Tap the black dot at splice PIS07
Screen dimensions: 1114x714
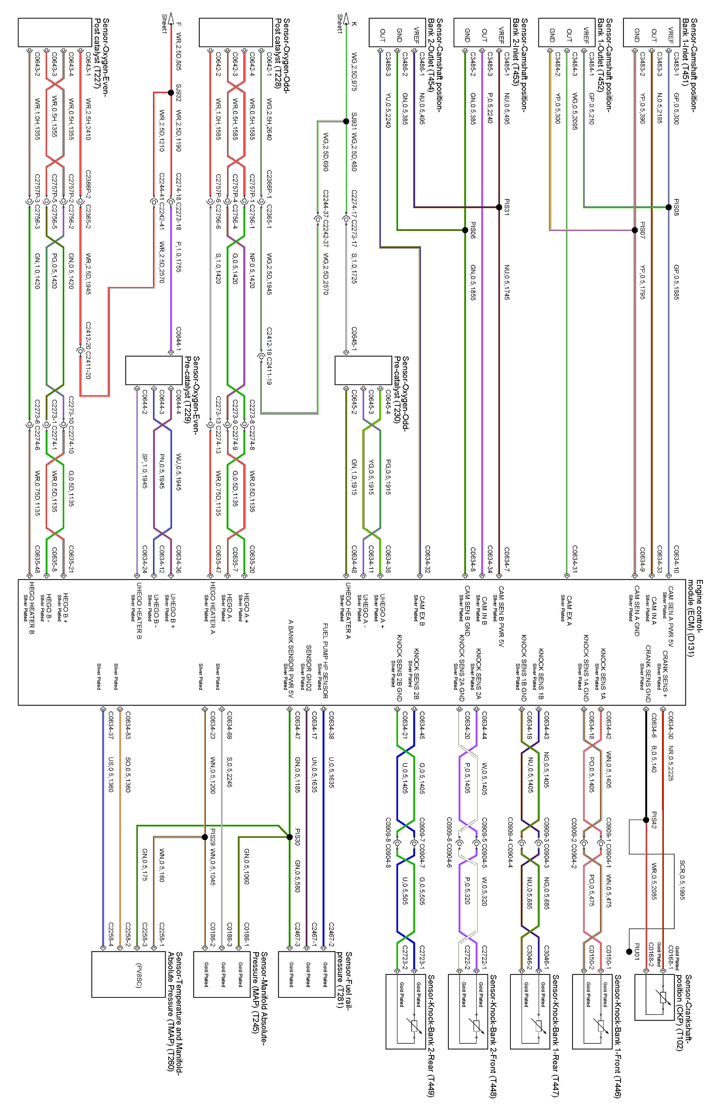point(635,230)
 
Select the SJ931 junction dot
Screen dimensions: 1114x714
point(346,121)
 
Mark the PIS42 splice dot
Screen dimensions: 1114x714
point(646,820)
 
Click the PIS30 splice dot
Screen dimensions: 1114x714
point(290,837)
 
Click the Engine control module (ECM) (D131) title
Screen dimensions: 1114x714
point(695,618)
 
